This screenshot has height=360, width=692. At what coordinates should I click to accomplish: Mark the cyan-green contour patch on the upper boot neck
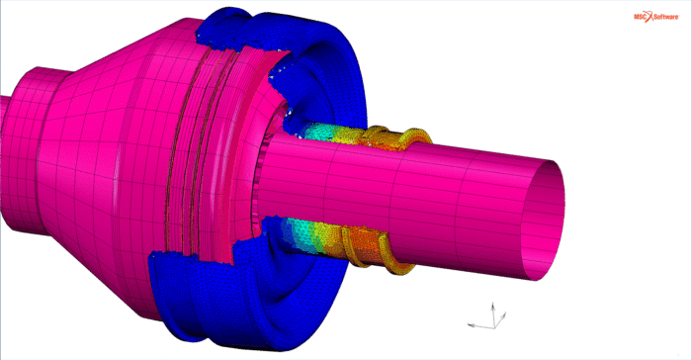click(321, 131)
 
